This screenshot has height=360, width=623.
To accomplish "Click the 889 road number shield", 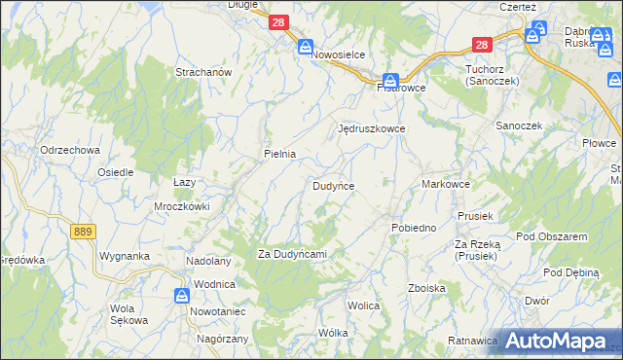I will [x=83, y=230].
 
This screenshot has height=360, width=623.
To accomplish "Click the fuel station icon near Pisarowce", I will [x=390, y=80].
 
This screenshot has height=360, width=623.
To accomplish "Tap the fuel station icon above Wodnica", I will [x=183, y=295].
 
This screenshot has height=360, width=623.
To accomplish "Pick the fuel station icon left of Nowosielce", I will [x=305, y=46].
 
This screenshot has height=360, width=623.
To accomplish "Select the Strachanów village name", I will [x=202, y=73].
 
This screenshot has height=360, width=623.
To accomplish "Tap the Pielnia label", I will [x=280, y=154].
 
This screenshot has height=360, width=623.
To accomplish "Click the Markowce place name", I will [x=447, y=184].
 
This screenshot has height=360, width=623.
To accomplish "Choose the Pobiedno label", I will [x=414, y=227].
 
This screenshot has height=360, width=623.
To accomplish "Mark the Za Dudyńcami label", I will [x=291, y=254].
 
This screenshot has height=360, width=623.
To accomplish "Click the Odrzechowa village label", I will [x=70, y=150].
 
